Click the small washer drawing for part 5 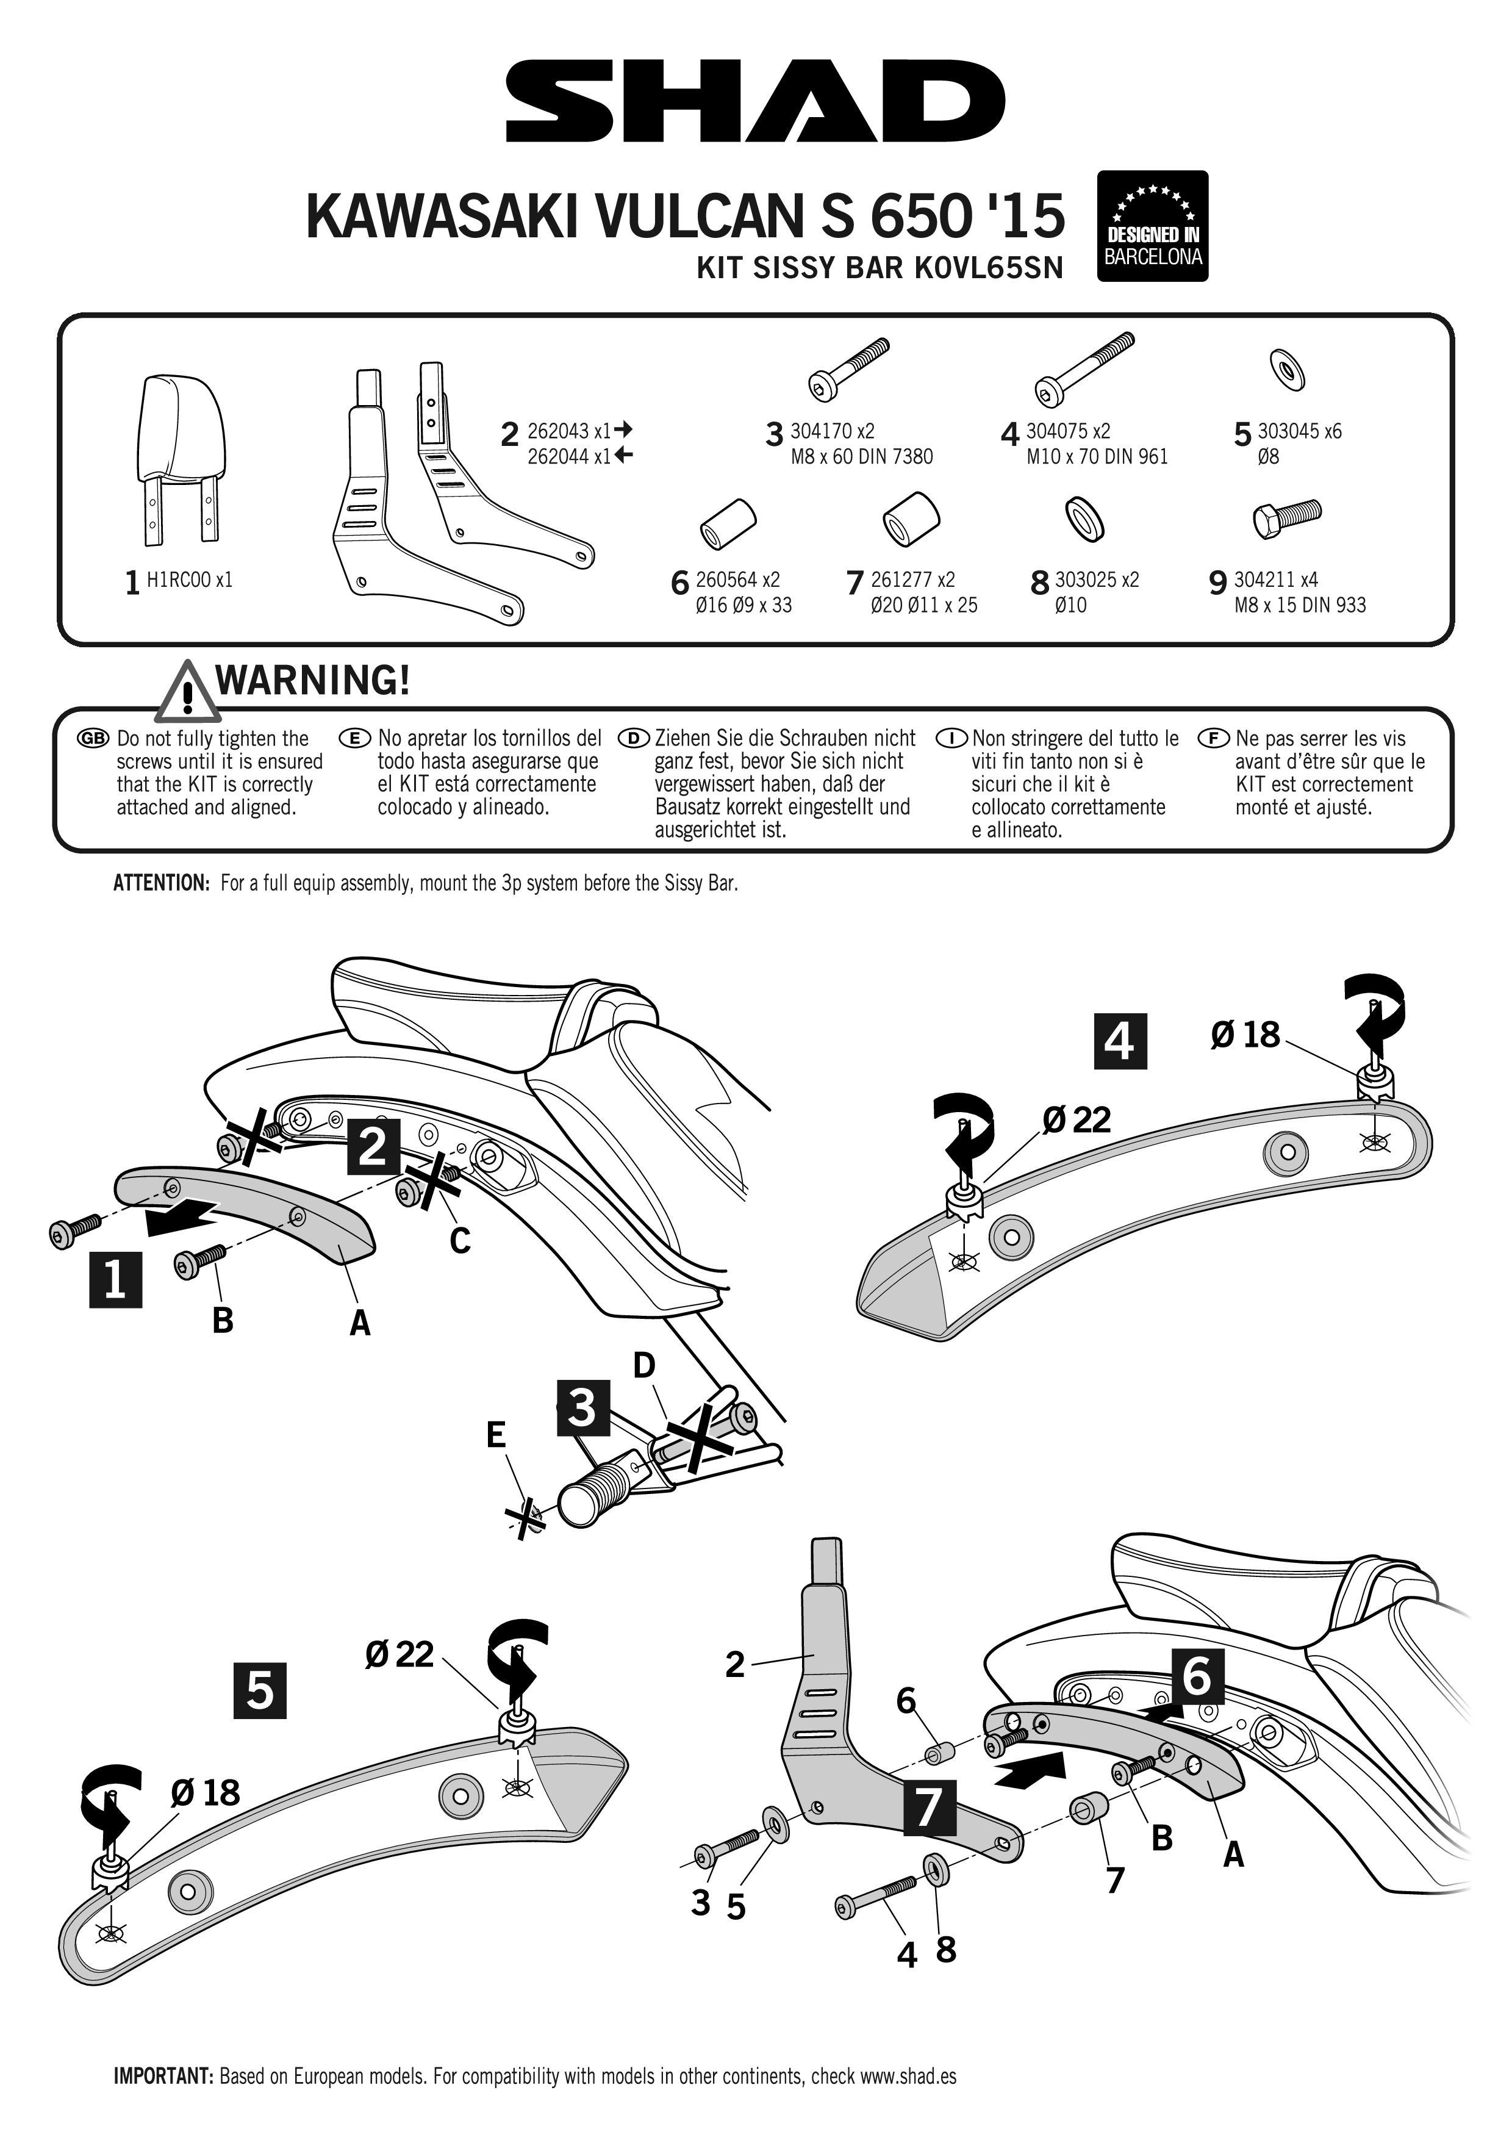pos(1286,370)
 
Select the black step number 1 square pos(115,1280)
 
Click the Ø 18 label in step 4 pos(1245,1035)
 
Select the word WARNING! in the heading pos(313,680)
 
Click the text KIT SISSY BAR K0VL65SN pos(880,268)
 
